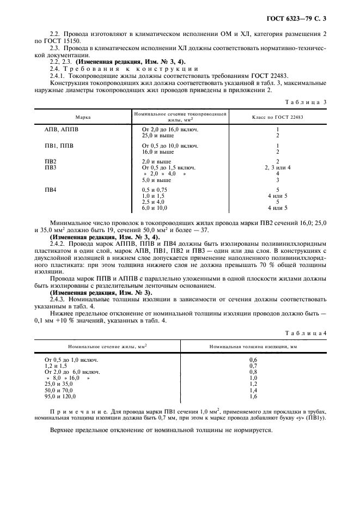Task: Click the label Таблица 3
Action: click(307, 102)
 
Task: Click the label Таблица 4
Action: click(308, 332)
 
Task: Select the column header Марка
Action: click(83, 117)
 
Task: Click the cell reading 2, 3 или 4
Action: click(277, 168)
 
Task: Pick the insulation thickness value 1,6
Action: click(253, 397)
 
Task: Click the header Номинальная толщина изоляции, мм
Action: click(253, 346)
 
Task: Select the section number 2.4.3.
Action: click(58, 299)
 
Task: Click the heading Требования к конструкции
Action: click(117, 69)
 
